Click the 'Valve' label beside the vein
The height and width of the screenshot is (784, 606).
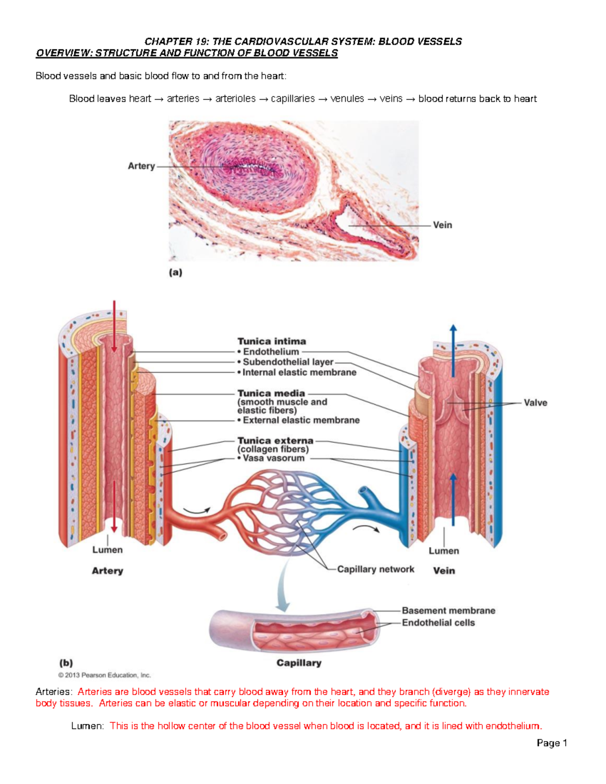click(535, 403)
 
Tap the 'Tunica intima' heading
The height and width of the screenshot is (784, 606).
click(272, 341)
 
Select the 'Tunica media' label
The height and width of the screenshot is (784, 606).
click(271, 393)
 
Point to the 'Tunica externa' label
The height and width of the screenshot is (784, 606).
click(275, 441)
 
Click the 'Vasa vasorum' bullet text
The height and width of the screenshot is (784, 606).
click(273, 458)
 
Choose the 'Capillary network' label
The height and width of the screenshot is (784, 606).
click(375, 569)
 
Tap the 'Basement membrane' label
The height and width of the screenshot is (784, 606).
click(448, 610)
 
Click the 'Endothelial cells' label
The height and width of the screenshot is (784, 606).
click(438, 623)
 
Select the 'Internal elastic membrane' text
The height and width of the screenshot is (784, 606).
click(299, 373)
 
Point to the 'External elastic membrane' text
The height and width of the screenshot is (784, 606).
click(301, 420)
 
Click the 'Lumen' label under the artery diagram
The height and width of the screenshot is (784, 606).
click(107, 550)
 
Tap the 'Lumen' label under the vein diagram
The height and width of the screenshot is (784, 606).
click(444, 551)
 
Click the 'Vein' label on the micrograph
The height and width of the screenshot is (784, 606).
click(442, 225)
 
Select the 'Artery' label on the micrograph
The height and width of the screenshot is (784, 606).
click(141, 166)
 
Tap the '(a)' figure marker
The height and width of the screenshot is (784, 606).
click(175, 273)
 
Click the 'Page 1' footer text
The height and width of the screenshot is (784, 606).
click(552, 743)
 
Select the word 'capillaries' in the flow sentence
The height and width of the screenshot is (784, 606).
click(292, 99)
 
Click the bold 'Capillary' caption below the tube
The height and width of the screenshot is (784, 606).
click(299, 663)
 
